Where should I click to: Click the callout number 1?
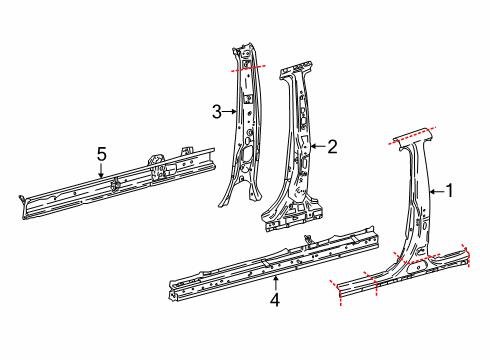click(448, 190)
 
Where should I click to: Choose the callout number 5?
click(100, 154)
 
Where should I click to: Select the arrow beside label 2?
click(318, 146)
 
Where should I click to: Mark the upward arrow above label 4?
click(276, 282)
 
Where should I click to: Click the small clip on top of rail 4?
click(308, 237)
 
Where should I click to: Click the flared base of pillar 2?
click(290, 210)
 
